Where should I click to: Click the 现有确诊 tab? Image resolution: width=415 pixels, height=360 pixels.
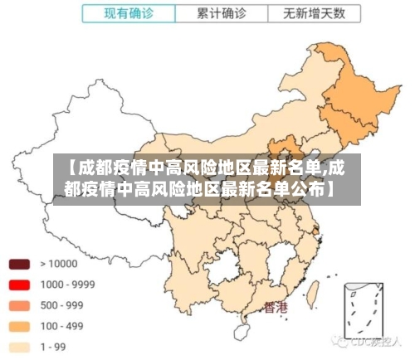point(129,14)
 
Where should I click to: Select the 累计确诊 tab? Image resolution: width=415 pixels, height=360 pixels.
point(221,14)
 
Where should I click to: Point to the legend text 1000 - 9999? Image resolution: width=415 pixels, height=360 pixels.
point(67,285)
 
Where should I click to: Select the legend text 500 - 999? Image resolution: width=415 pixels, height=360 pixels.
point(61,305)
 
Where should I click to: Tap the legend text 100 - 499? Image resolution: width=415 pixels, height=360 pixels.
point(61,326)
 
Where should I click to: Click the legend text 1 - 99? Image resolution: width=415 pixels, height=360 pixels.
point(54,347)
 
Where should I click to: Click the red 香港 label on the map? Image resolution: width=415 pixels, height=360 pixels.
point(276,308)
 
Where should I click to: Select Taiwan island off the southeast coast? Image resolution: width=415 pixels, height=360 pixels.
point(315,291)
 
